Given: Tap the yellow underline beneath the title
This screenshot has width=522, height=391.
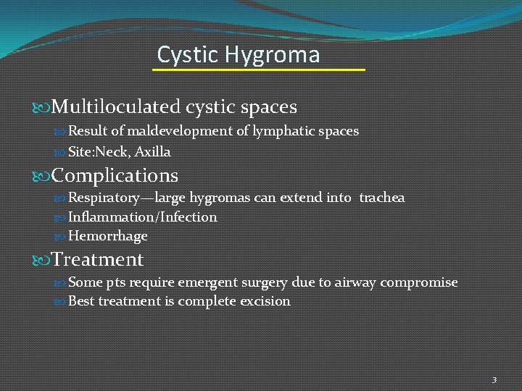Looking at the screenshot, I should pyautogui.click(x=258, y=70).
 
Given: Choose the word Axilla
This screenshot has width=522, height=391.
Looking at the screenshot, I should pyautogui.click(x=152, y=152).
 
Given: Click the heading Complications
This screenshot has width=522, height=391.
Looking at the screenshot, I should pyautogui.click(x=115, y=176).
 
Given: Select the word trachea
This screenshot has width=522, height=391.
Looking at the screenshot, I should pyautogui.click(x=382, y=198).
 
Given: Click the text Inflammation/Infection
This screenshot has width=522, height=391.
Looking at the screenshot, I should pyautogui.click(x=142, y=217).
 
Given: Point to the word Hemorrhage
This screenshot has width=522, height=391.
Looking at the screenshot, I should pyautogui.click(x=107, y=237).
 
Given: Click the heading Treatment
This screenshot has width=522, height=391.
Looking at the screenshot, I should pyautogui.click(x=97, y=259).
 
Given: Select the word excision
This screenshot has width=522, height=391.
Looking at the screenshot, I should pyautogui.click(x=264, y=301).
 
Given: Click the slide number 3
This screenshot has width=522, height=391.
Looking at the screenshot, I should pyautogui.click(x=494, y=379).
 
